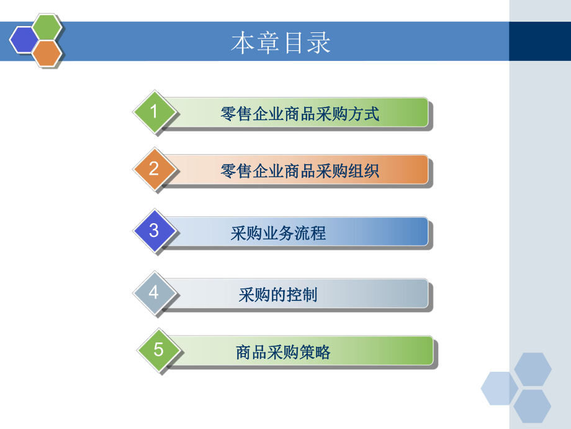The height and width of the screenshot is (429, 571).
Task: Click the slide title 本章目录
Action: point(281,43)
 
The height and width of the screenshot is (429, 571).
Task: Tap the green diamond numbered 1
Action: point(155,112)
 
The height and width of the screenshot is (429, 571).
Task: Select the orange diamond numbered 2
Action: point(155,169)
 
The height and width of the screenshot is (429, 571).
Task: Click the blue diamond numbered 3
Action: point(155,231)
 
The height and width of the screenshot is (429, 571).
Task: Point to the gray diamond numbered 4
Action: point(155,292)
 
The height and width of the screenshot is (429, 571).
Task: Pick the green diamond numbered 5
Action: point(159,350)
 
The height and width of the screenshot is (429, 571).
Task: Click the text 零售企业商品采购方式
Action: point(300,114)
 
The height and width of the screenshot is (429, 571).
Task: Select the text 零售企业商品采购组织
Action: point(300,171)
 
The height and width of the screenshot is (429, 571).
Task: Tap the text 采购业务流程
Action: point(278,234)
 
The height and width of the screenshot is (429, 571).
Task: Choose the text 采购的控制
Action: point(278,295)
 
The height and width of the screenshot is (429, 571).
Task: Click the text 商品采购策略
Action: point(283,353)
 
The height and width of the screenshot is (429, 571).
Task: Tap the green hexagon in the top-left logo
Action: point(47,26)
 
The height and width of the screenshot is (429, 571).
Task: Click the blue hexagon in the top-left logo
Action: point(24,40)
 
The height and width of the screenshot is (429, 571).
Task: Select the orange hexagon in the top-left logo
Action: point(47,53)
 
